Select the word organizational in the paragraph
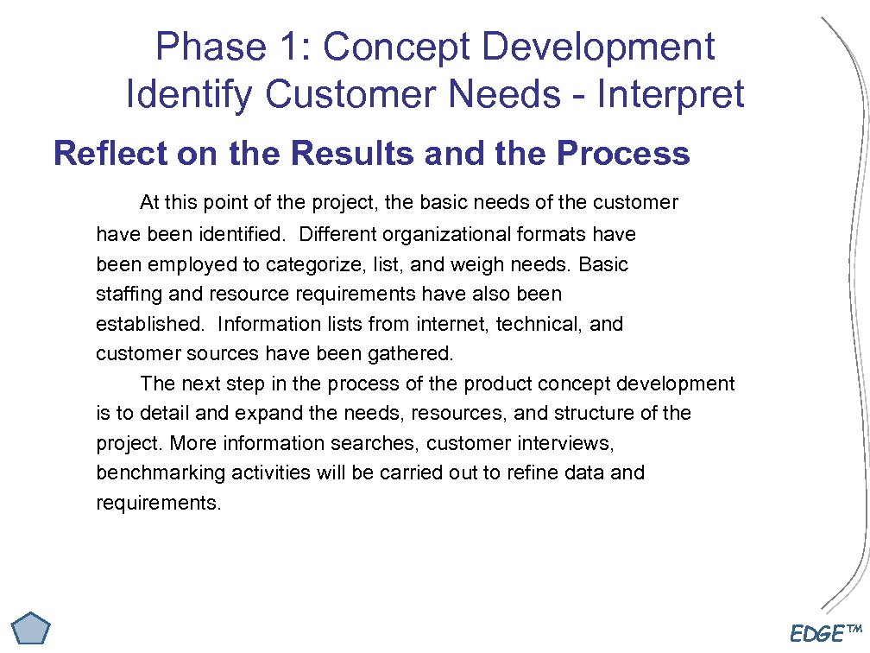click(447, 234)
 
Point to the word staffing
click(129, 295)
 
